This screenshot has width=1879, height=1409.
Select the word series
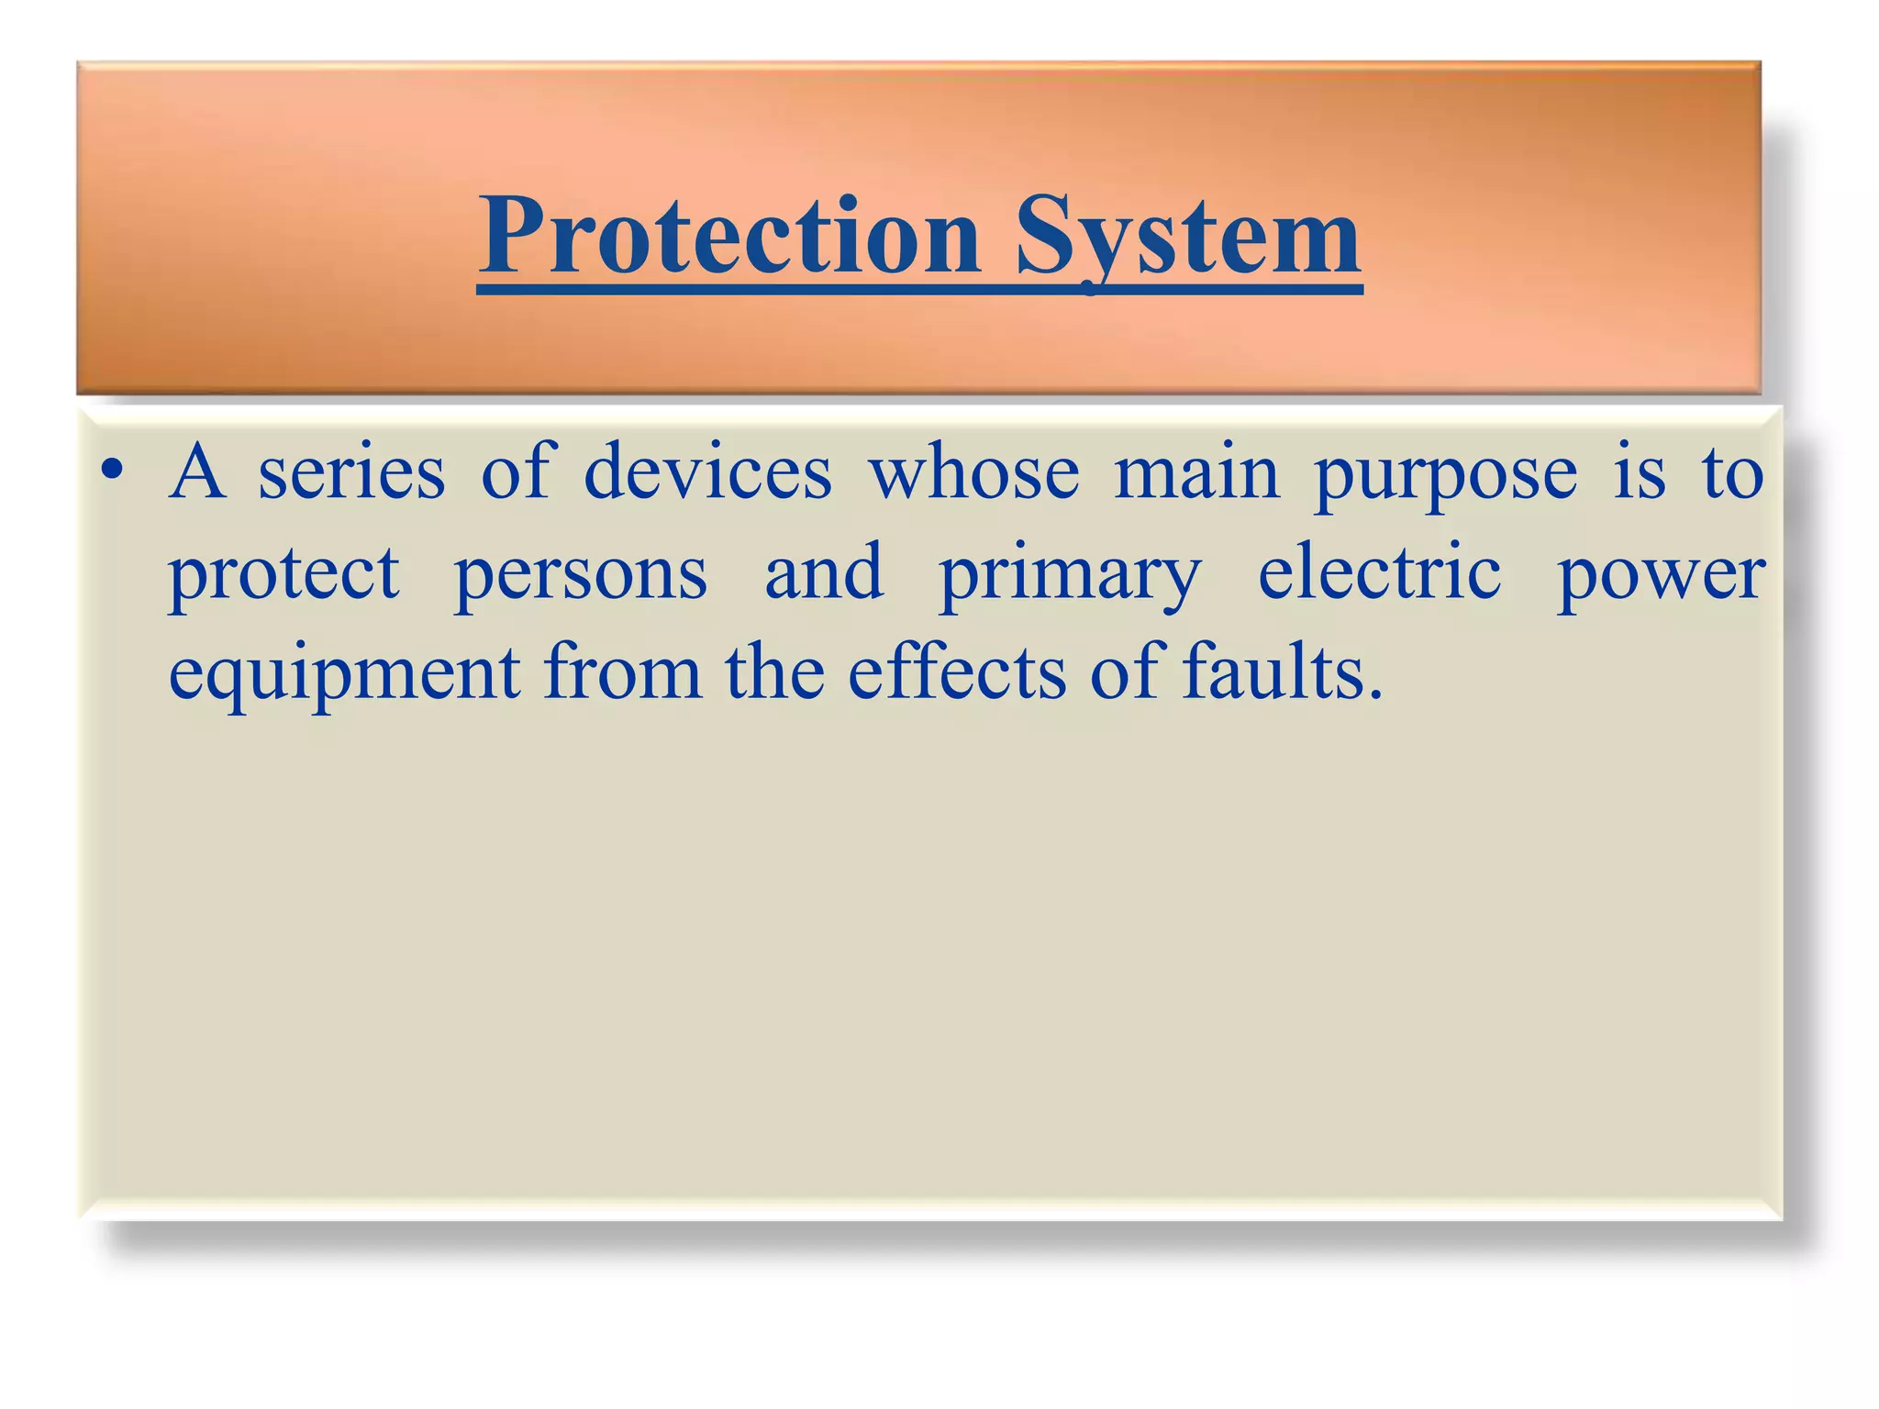tap(351, 473)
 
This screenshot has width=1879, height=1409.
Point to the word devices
tap(707, 473)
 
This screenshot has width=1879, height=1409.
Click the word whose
tap(974, 473)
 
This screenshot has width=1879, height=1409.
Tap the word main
tap(1196, 473)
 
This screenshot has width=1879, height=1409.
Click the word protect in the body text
tap(284, 574)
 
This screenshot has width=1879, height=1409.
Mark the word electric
tap(1379, 572)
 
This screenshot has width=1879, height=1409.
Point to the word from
tap(623, 673)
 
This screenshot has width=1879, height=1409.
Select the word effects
tap(956, 673)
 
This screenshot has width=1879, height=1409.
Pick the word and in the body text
tap(824, 572)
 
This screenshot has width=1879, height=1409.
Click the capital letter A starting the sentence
tap(197, 472)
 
